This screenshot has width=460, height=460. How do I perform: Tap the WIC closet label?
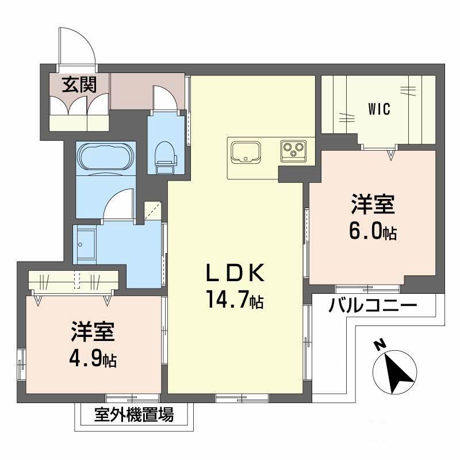point(379,109)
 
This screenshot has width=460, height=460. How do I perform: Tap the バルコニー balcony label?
point(373,306)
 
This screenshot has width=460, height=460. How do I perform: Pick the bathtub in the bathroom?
point(105,155)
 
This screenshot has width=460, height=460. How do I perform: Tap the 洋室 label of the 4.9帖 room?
point(93,332)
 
